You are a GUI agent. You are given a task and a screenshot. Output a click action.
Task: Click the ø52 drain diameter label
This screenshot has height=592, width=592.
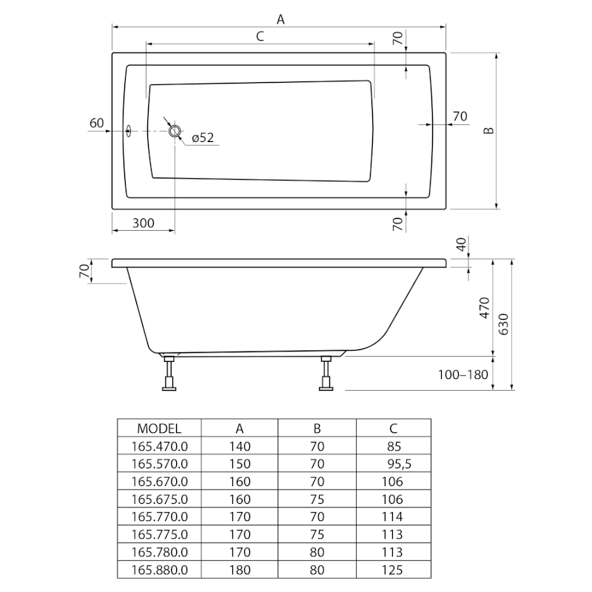click(203, 138)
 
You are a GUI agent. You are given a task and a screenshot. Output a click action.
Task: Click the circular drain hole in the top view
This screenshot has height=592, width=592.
click(175, 132)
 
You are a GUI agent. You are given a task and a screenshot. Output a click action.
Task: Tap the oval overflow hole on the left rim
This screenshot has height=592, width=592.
click(128, 131)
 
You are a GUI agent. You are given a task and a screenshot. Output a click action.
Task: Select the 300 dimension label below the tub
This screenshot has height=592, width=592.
click(144, 223)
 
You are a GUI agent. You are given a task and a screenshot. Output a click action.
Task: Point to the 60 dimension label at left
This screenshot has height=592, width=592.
click(97, 123)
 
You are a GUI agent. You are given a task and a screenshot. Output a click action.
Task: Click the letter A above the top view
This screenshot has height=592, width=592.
click(280, 19)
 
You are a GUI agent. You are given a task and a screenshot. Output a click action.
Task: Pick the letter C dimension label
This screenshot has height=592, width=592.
click(260, 36)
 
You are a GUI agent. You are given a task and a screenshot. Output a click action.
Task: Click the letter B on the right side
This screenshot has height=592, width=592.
click(488, 131)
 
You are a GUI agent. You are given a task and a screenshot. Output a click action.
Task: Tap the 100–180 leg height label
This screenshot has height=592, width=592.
click(463, 375)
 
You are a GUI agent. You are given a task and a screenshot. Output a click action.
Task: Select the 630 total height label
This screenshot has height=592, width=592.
click(504, 324)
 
